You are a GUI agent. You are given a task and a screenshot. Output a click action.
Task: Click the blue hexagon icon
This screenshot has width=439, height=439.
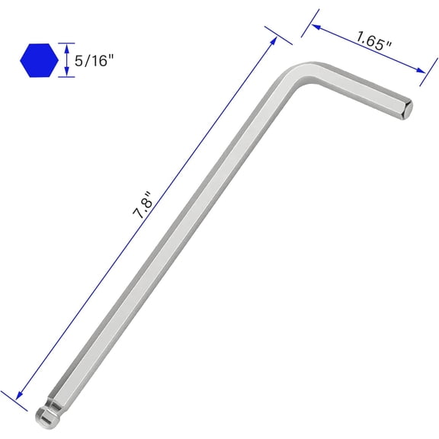38,60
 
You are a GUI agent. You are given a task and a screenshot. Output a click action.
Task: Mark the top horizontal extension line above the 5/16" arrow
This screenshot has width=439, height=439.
67,43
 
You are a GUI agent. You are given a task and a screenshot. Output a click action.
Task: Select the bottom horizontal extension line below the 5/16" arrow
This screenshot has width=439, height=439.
67,77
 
